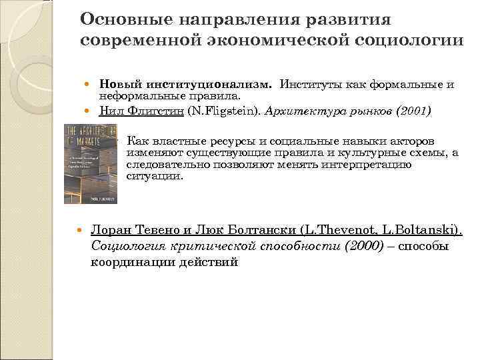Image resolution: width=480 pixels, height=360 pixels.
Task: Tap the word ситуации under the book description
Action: click(153, 177)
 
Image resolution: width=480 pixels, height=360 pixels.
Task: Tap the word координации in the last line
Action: click(131, 262)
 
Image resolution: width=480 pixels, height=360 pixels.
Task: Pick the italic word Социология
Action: click(126, 246)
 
